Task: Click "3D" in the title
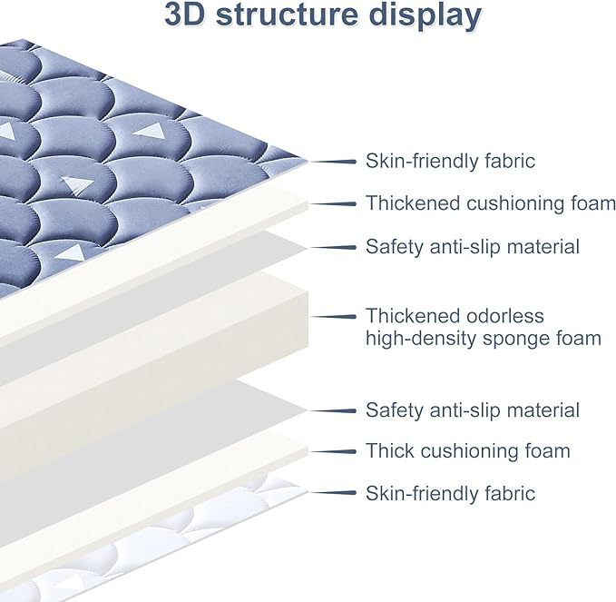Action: pyautogui.click(x=189, y=16)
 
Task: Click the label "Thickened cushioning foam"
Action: pyautogui.click(x=490, y=203)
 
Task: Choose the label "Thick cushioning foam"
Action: pyautogui.click(x=467, y=451)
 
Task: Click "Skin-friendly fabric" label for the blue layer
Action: pyautogui.click(x=450, y=162)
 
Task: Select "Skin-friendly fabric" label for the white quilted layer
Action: pyautogui.click(x=450, y=494)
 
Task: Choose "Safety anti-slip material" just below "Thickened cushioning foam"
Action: pyautogui.click(x=472, y=246)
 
